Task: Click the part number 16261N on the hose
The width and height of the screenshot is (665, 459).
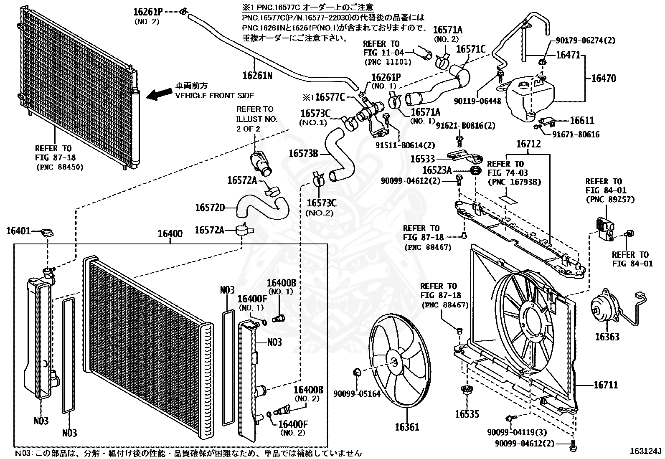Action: click(x=257, y=75)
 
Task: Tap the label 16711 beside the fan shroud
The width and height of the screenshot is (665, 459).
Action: click(x=606, y=385)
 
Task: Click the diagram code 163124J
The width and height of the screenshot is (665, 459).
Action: click(x=646, y=451)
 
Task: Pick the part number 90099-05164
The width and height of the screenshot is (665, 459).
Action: click(x=357, y=393)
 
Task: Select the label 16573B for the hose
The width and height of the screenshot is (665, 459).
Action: click(x=303, y=154)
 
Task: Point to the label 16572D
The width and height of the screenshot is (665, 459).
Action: click(x=210, y=207)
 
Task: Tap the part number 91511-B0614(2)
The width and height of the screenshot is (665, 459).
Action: click(x=404, y=145)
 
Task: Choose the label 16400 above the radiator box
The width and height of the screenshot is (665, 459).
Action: click(x=170, y=234)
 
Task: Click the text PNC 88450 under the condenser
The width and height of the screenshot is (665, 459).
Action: click(x=59, y=167)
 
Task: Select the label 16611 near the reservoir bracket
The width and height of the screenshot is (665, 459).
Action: click(x=582, y=121)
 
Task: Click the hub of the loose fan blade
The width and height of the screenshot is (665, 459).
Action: click(x=393, y=363)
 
